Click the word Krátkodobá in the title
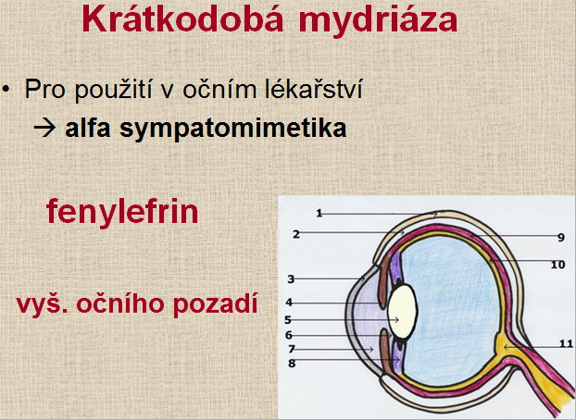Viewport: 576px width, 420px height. pyautogui.click(x=183, y=19)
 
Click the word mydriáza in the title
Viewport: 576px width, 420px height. pyautogui.click(x=378, y=21)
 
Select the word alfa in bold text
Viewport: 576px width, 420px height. pyautogui.click(x=88, y=128)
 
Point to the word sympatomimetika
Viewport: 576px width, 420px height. pyautogui.click(x=232, y=130)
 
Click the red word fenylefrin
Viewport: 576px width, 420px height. pyautogui.click(x=122, y=212)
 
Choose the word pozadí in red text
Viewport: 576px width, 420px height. pyautogui.click(x=215, y=304)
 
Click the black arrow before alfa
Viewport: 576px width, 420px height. pyautogui.click(x=44, y=128)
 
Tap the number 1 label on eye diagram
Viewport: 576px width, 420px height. pyautogui.click(x=319, y=213)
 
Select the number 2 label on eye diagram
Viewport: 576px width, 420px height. pyautogui.click(x=296, y=234)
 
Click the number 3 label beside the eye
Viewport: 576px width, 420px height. pyautogui.click(x=291, y=279)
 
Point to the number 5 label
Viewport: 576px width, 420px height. pyautogui.click(x=288, y=320)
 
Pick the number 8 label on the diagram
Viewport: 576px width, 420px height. pyautogui.click(x=292, y=364)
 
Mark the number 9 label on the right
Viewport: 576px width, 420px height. pyautogui.click(x=561, y=238)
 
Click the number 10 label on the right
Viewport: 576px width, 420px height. pyautogui.click(x=557, y=265)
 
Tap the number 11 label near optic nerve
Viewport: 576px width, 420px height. pyautogui.click(x=566, y=343)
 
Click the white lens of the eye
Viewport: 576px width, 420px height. pyautogui.click(x=402, y=312)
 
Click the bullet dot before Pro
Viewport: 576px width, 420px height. pyautogui.click(x=6, y=89)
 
